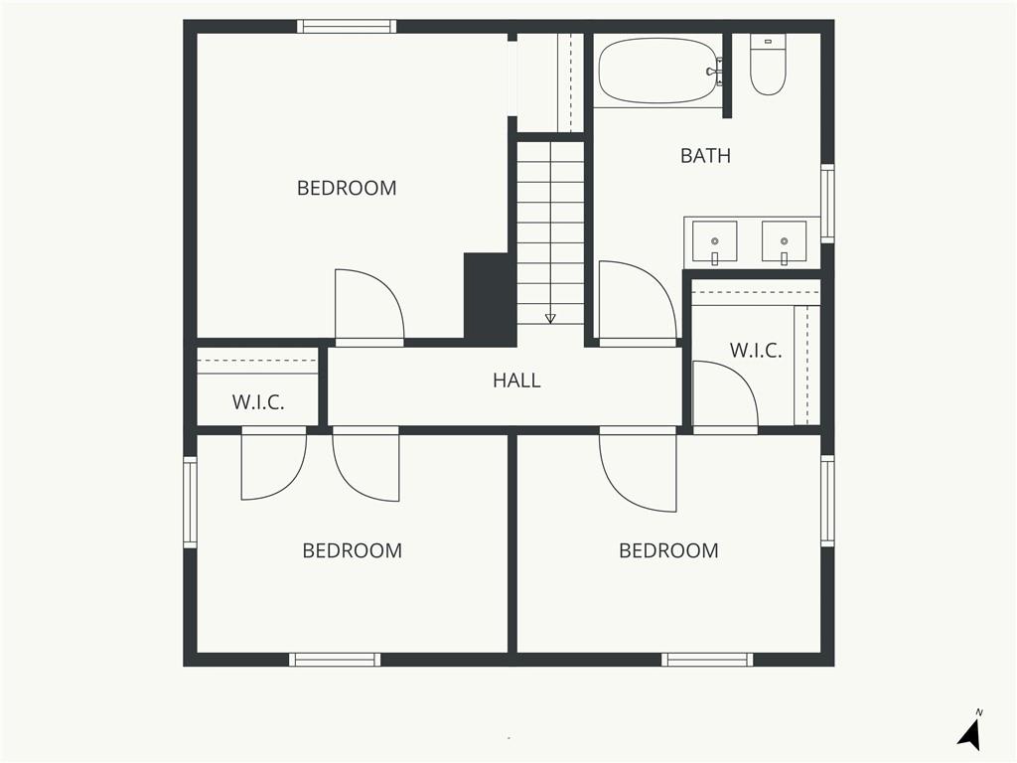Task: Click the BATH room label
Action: tap(705, 156)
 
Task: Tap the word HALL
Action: tap(516, 381)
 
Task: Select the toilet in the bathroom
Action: tap(768, 64)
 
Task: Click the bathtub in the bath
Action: tap(659, 71)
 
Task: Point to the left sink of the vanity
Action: tap(714, 241)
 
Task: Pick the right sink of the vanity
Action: tap(784, 241)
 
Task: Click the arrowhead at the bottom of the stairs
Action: tap(550, 319)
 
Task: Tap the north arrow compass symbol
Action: tap(970, 733)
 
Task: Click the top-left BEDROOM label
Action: tap(347, 188)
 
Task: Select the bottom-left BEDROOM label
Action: tap(353, 550)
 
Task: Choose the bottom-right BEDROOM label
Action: tap(668, 550)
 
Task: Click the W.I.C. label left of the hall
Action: tap(258, 402)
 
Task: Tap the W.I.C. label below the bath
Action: tap(756, 351)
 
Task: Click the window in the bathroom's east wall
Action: tap(827, 204)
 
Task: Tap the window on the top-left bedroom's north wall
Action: tap(347, 27)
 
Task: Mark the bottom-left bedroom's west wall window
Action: tap(190, 502)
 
